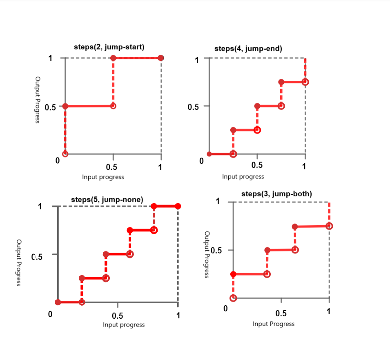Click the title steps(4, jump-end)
coord(248,49)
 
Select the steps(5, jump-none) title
coord(107,200)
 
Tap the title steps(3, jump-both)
coord(276,194)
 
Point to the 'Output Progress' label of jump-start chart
coord(38,100)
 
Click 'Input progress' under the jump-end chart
coord(243,177)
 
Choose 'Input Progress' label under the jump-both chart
coord(274,324)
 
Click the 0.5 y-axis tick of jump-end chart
coord(193,107)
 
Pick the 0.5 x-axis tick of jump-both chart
coord(281,313)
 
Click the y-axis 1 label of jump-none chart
coord(40,206)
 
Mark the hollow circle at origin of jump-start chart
coord(65,154)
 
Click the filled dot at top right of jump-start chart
coord(161,58)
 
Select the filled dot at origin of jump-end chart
coord(209,154)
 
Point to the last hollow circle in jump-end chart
coord(305,82)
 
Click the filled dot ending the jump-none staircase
coord(178,206)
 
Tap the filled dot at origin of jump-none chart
coord(58,302)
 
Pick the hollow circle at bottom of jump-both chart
coord(233,298)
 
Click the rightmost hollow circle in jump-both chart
coord(329,226)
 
